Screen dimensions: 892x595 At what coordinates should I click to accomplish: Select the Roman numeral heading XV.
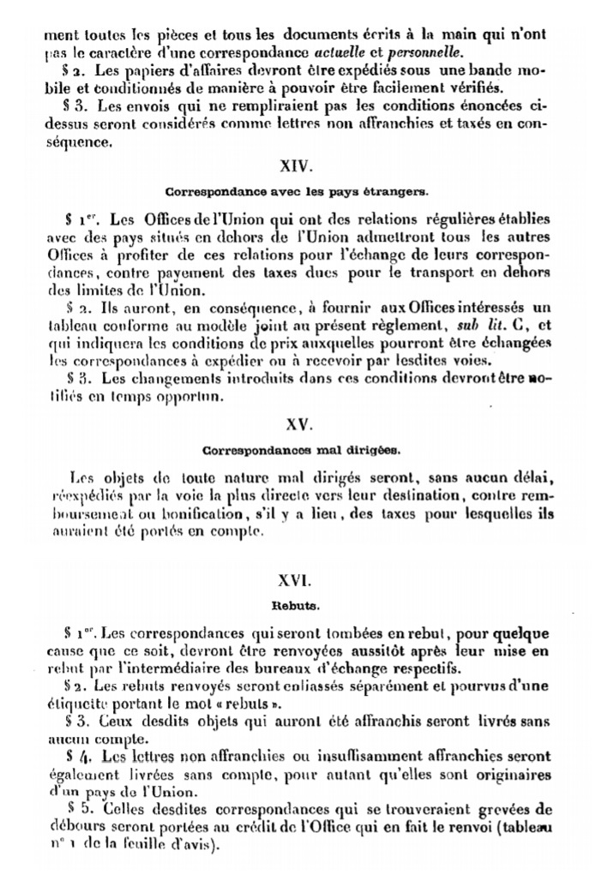(297, 423)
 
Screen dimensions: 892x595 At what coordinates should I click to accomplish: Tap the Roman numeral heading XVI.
(297, 580)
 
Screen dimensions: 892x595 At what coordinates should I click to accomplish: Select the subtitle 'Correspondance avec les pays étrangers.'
(297, 192)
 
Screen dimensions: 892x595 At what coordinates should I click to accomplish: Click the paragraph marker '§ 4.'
(79, 757)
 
